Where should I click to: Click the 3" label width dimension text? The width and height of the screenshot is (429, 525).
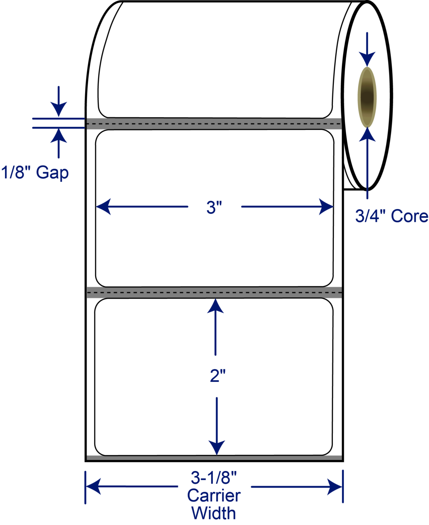(214, 208)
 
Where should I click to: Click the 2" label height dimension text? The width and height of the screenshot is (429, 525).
(217, 376)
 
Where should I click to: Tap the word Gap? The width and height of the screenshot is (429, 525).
(52, 173)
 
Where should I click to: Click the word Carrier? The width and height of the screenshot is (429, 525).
(214, 496)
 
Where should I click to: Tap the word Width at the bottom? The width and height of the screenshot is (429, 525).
(214, 513)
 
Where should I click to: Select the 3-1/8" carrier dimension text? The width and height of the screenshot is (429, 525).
(214, 478)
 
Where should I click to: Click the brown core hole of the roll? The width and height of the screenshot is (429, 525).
(367, 97)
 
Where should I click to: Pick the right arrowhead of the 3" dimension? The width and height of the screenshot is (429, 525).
(326, 207)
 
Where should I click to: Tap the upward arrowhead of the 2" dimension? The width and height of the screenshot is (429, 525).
(216, 306)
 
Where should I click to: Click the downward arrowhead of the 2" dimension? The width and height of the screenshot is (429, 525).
(217, 447)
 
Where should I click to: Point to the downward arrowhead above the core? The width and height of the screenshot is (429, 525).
(367, 59)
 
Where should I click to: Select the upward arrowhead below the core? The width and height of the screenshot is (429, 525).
(367, 135)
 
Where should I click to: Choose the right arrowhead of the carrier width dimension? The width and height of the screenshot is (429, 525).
(335, 487)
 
